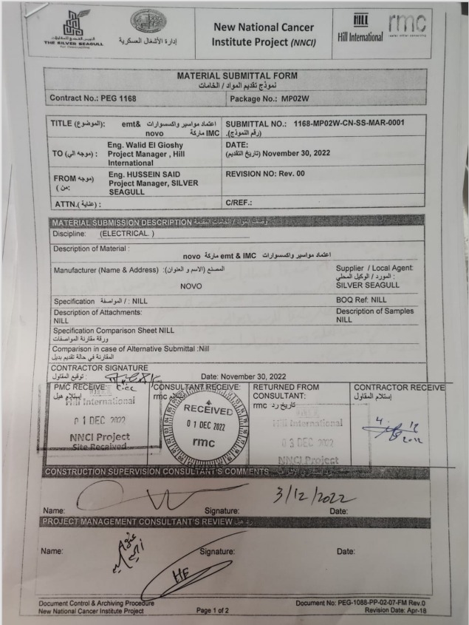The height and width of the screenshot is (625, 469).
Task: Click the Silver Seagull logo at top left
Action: point(80,30)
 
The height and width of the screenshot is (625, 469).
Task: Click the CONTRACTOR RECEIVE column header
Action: point(399,387)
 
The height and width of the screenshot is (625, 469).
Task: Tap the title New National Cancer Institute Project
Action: point(264,34)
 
